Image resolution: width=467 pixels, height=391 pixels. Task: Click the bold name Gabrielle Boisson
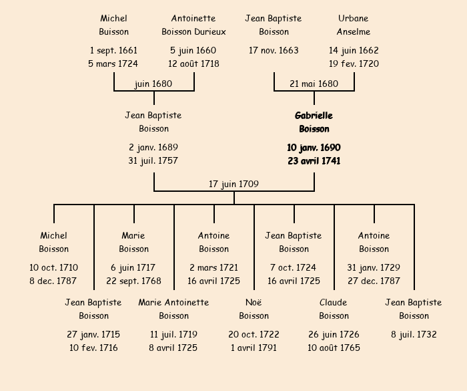point(314,122)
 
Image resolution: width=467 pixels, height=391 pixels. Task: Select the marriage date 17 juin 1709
point(233,184)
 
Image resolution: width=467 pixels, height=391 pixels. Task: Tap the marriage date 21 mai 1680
point(314,84)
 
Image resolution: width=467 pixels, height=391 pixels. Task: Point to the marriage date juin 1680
point(153,84)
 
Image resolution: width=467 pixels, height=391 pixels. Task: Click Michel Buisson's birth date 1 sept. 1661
point(113,50)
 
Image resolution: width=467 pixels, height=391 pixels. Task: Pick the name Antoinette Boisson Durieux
point(193,25)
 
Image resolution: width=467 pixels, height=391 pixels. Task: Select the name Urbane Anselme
point(354,25)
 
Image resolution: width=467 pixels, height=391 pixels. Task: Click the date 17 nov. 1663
point(274,50)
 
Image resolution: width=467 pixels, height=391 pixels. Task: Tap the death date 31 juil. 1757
point(153,160)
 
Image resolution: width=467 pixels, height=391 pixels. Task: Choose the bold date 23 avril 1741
point(314,160)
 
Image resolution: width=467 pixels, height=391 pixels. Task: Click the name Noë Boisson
point(254,309)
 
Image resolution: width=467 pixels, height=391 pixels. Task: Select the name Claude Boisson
point(334,309)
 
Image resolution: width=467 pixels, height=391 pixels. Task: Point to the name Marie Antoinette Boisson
point(173,309)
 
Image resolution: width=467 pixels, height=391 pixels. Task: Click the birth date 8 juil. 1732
point(414,334)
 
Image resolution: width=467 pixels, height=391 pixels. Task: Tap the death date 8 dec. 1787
point(53,281)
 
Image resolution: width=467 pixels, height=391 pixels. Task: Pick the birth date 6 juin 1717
point(133,267)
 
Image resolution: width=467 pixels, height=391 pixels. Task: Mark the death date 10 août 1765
point(334,348)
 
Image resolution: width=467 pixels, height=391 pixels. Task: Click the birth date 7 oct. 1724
point(294,267)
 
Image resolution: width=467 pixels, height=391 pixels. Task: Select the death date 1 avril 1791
point(254,348)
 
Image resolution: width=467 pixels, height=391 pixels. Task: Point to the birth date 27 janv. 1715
point(93,334)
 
